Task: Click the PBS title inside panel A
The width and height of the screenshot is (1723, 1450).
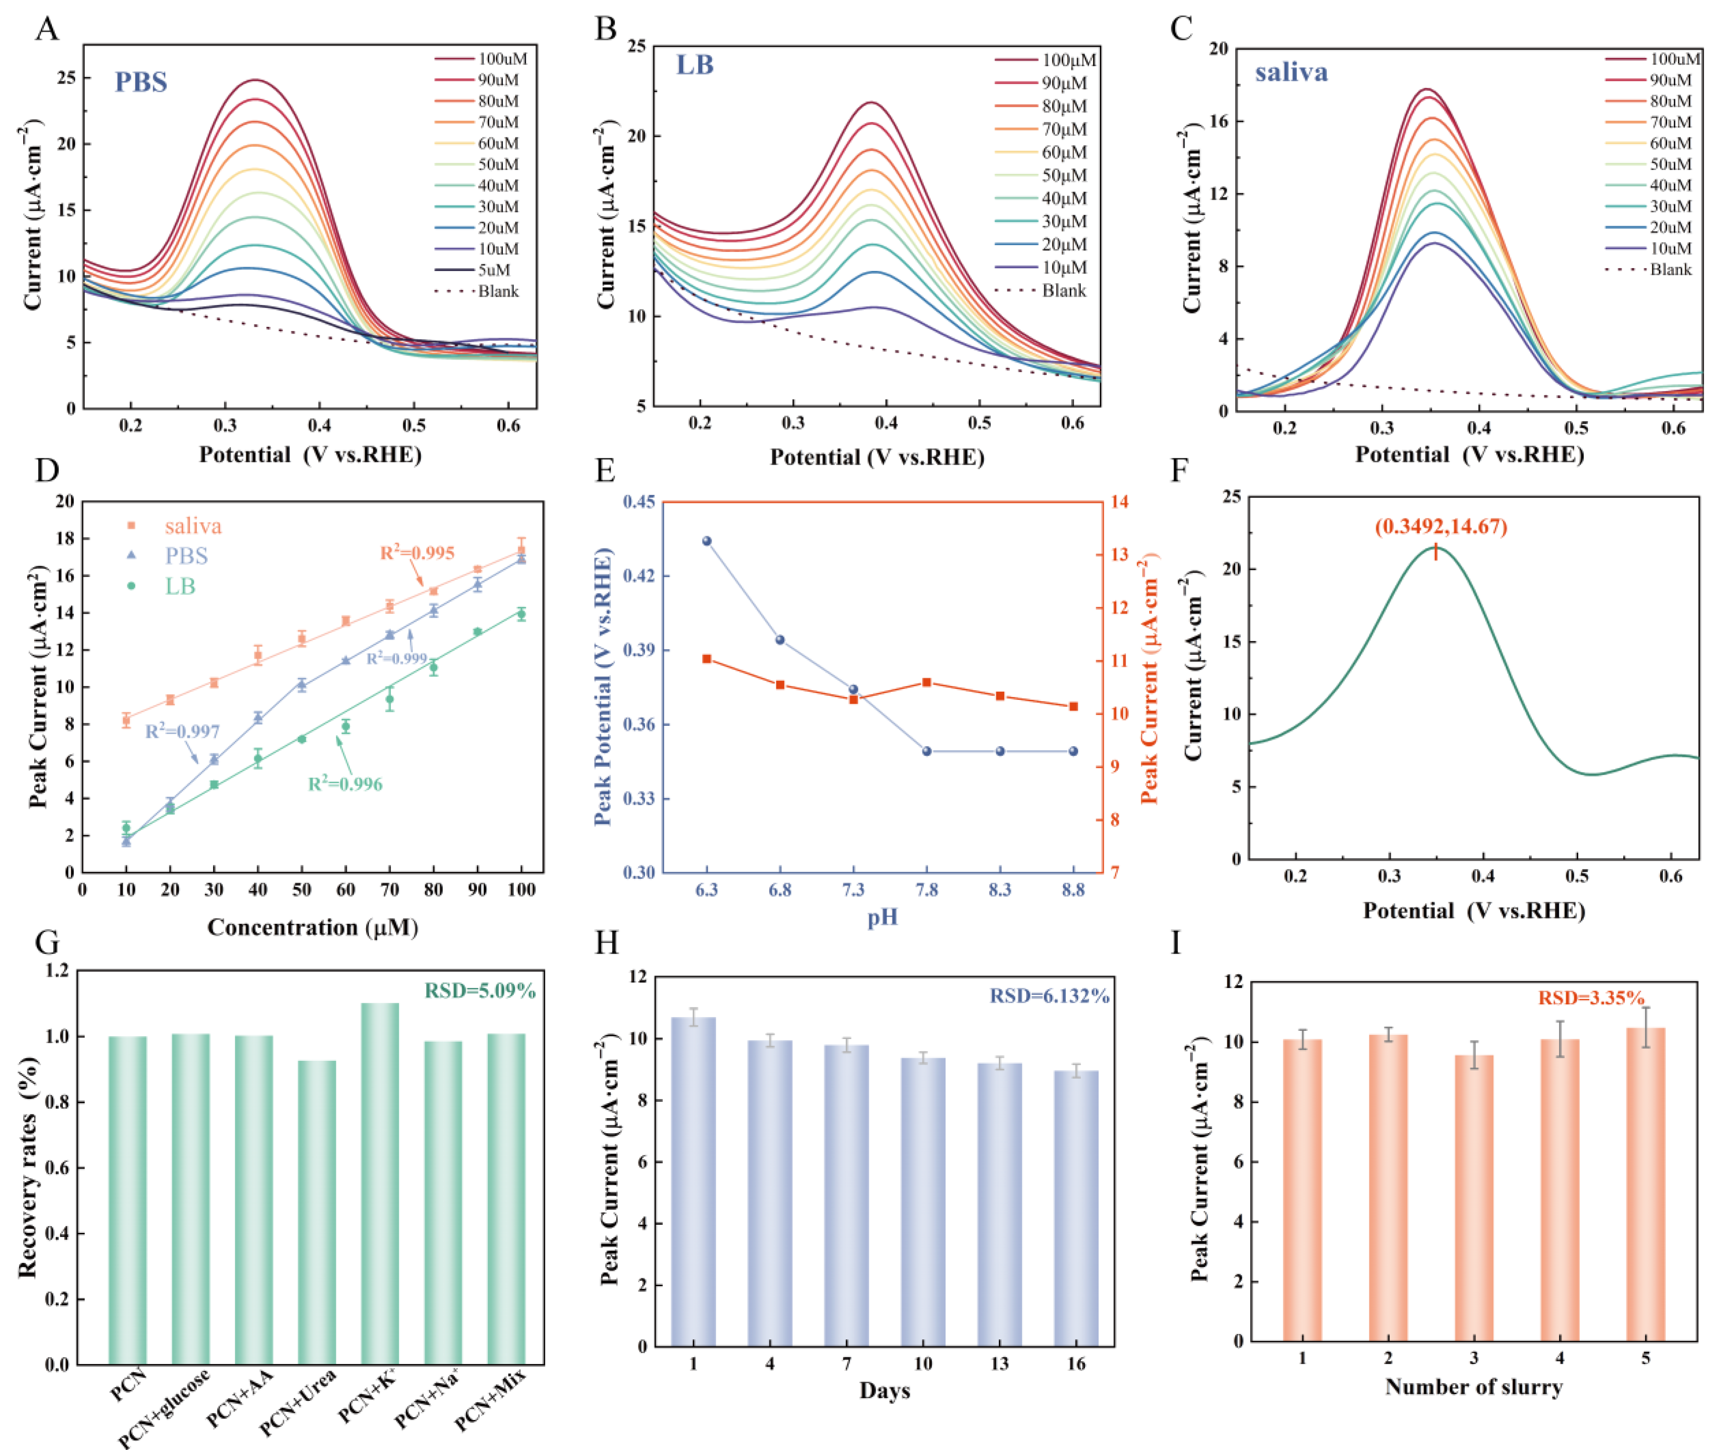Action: pos(141,82)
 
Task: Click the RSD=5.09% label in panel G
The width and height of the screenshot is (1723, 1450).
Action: pos(480,991)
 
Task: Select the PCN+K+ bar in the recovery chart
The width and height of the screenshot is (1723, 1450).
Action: pos(380,1184)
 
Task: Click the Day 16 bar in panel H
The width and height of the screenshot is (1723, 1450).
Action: pos(1076,1208)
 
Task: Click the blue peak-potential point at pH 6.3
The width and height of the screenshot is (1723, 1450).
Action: pos(707,541)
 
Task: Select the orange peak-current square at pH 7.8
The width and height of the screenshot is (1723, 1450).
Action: pos(927,682)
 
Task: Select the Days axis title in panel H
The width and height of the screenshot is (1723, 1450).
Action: pos(885,1391)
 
